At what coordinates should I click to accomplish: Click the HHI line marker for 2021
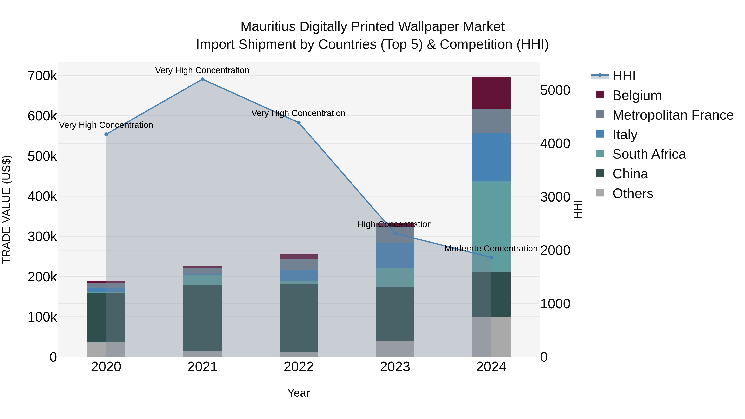[202, 79]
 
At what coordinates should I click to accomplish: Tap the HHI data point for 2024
[491, 257]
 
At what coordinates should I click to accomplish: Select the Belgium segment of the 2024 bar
[491, 93]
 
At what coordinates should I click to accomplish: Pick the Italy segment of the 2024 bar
[491, 157]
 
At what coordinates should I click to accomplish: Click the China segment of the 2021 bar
[202, 318]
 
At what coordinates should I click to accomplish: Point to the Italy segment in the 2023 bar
[395, 255]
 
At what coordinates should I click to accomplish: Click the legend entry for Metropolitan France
[673, 115]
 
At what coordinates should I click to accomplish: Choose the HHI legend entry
[624, 76]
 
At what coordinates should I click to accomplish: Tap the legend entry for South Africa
[649, 154]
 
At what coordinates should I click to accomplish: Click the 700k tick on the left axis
[42, 76]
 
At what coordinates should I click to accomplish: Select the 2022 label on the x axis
[298, 367]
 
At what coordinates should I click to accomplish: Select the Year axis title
[298, 393]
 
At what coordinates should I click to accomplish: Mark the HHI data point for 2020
[106, 134]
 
